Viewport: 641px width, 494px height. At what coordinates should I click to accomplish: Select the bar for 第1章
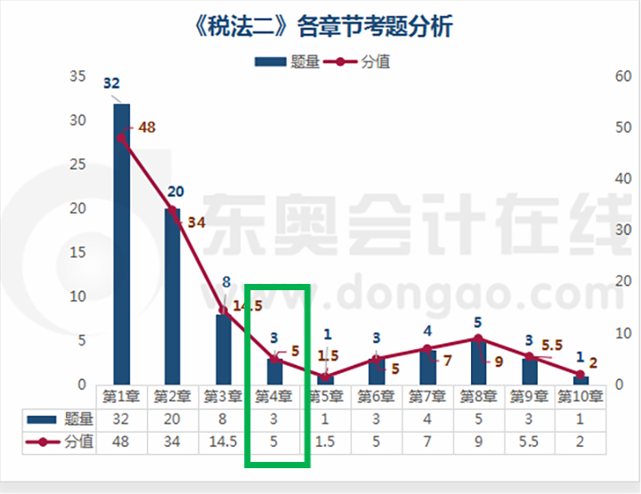121,244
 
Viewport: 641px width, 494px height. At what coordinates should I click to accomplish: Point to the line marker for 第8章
478,338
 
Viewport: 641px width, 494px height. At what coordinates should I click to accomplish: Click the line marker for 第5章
326,377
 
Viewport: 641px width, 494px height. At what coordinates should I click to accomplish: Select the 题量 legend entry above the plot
287,61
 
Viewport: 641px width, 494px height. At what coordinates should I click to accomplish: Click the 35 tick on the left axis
77,77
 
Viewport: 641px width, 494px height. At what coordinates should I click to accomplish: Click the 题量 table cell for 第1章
121,418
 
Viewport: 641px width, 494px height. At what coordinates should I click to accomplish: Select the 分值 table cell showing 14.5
223,441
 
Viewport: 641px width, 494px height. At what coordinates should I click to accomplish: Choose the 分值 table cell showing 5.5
529,441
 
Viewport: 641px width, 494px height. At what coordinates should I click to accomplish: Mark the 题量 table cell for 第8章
478,418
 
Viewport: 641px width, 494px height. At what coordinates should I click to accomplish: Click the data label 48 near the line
146,127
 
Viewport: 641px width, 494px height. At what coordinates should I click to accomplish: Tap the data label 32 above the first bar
111,84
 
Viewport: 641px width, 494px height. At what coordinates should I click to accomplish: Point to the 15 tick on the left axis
77,253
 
